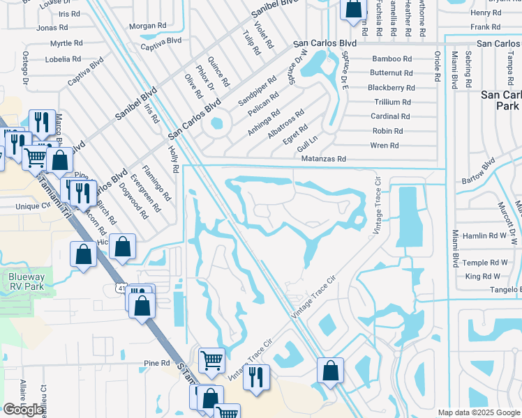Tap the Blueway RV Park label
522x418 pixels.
[x=27, y=281]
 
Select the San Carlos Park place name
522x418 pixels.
[x=500, y=100]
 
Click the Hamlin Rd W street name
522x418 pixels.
[x=487, y=236]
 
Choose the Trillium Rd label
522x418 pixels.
[x=391, y=102]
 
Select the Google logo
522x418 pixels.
[x=24, y=410]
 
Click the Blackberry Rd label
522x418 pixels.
[x=391, y=88]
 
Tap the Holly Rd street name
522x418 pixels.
[x=174, y=160]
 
